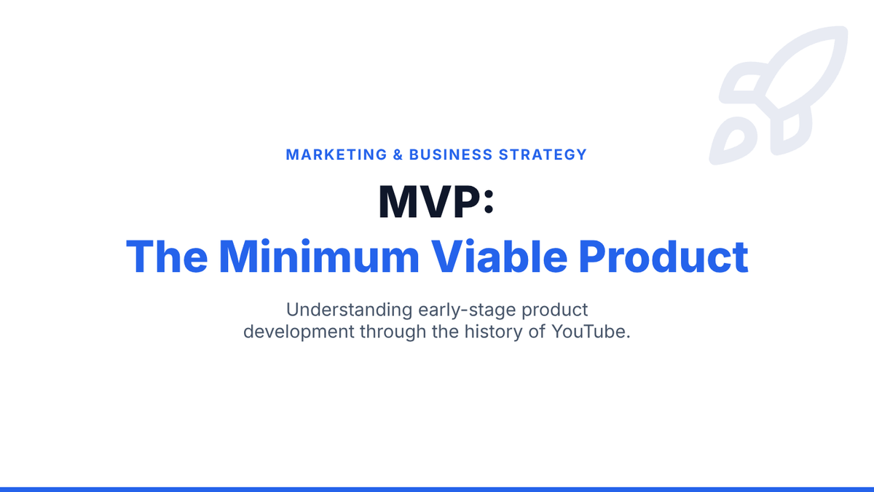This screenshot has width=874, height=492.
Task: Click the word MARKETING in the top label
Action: [336, 155]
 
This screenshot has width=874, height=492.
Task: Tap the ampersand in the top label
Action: [398, 155]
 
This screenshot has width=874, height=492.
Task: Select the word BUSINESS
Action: [451, 155]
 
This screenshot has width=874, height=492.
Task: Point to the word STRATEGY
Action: [543, 155]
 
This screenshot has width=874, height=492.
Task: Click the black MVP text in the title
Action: [429, 202]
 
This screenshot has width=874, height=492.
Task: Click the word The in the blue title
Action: [167, 257]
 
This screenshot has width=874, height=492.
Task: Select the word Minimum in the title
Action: [319, 257]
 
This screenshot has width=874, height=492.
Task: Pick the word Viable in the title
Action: [499, 257]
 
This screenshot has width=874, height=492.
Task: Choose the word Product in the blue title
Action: [664, 257]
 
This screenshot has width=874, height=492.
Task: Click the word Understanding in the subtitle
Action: [349, 310]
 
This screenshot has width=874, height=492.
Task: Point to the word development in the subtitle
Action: [299, 332]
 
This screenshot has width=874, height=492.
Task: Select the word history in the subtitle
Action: [493, 332]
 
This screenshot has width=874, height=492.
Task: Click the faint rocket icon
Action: [779, 95]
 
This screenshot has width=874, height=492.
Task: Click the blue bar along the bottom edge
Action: [437, 489]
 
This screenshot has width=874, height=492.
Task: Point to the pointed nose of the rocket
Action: [842, 32]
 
